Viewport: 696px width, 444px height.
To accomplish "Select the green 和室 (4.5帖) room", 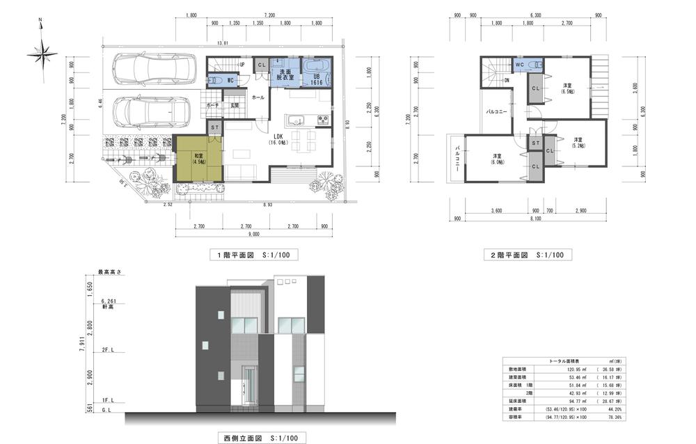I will pos(198,159).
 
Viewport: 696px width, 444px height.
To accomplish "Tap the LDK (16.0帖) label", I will pos(278,139).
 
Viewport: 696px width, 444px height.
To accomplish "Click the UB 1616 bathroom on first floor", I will pos(317,76).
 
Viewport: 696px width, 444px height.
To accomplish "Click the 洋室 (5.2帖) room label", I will pos(577,142).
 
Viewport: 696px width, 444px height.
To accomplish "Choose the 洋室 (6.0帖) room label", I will pos(497,159).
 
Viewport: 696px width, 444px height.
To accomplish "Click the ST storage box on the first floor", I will pos(215,128).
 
